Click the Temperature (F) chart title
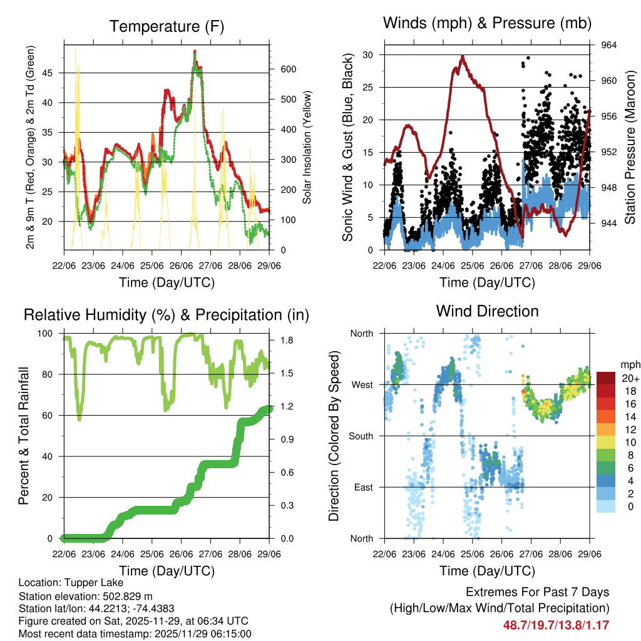(166, 26)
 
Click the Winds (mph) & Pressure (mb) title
(487, 23)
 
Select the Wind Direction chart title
(487, 310)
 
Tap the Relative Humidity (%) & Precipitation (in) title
(166, 315)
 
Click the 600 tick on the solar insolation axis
(279, 69)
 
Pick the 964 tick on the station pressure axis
(602, 45)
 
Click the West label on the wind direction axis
(361, 384)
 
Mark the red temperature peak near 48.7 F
(195, 51)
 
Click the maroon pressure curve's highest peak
(462, 56)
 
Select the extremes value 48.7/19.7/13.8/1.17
(556, 625)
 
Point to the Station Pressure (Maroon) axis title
(630, 147)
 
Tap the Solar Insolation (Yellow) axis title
(307, 147)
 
